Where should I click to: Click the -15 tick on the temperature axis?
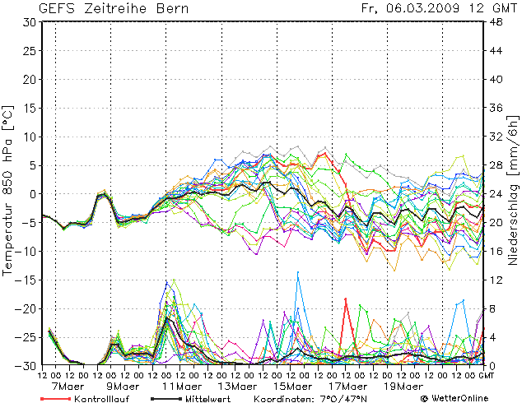tap(26, 280)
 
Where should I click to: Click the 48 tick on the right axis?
tap(496, 22)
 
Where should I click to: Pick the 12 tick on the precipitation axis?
tap(496, 280)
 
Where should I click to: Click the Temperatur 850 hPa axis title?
tap(8, 190)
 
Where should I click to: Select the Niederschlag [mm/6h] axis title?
tap(513, 191)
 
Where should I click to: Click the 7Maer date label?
tap(68, 386)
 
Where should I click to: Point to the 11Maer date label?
tap(182, 386)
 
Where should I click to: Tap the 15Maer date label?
tap(293, 386)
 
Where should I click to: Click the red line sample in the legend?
tap(54, 398)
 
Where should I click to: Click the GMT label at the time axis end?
tap(487, 375)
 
